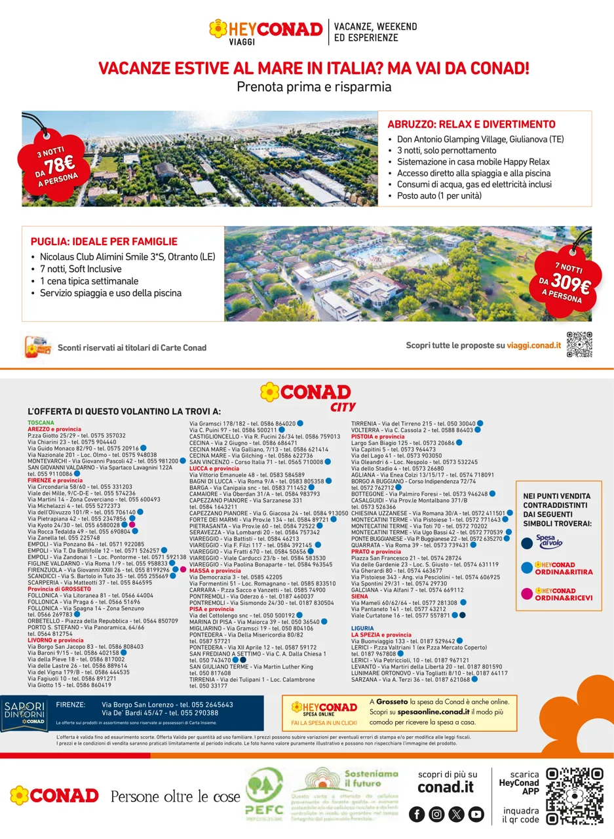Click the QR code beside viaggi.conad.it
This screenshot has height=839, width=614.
pos(579,345)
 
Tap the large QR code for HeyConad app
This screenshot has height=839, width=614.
pos(575,796)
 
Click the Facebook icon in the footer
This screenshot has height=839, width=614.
pos(417,814)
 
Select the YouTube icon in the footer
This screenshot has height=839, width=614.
pos(476,814)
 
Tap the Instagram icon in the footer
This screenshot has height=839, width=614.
pos(436,814)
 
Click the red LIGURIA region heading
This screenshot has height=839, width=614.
pos(362,627)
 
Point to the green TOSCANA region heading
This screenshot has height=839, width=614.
pos(41,423)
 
